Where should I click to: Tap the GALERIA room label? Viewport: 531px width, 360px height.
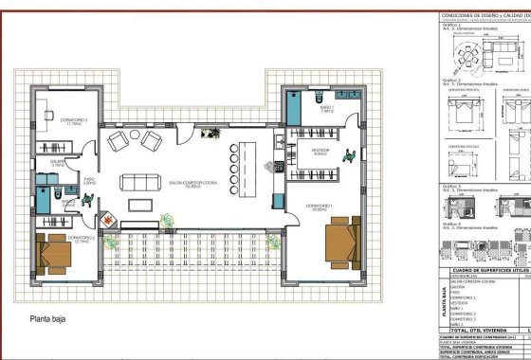tap(56, 163)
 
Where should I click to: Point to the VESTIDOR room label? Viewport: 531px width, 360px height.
tap(320, 152)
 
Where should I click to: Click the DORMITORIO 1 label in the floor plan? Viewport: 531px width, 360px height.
tap(319, 206)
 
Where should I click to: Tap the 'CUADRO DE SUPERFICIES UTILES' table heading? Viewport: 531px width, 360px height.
tap(485, 272)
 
